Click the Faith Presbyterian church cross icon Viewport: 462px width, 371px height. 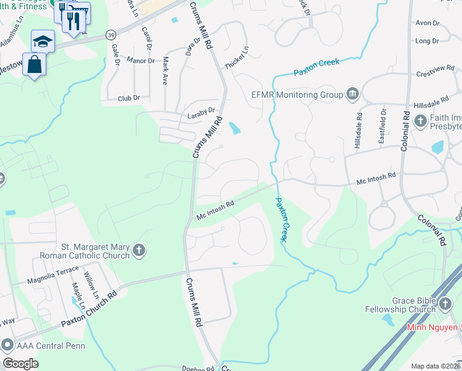pos(421,120)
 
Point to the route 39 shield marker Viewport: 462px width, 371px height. pos(111,34)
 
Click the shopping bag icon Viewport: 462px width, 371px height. pos(34,64)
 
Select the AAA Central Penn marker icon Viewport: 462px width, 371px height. pos(7,344)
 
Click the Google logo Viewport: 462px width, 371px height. pos(20,364)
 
